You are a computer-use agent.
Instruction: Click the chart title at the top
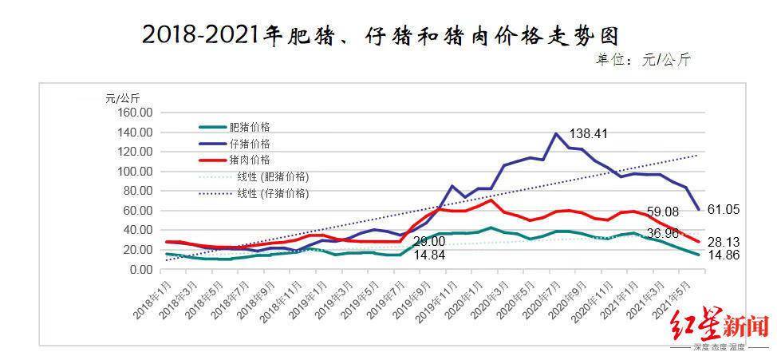tap(381, 36)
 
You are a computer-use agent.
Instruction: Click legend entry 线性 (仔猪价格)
tap(272, 193)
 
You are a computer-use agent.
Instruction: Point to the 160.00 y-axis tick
tap(135, 113)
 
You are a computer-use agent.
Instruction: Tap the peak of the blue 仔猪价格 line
tap(555, 134)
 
